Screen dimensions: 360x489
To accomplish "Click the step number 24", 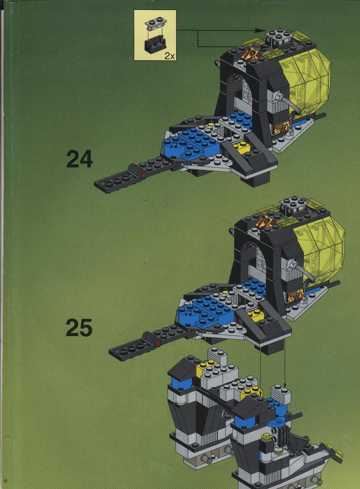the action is pyautogui.click(x=80, y=160).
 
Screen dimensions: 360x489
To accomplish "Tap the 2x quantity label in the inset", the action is pyautogui.click(x=169, y=57).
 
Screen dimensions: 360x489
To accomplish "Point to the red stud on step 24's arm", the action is pyautogui.click(x=143, y=174).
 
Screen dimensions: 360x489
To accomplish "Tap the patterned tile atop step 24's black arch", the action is pyautogui.click(x=251, y=53).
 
